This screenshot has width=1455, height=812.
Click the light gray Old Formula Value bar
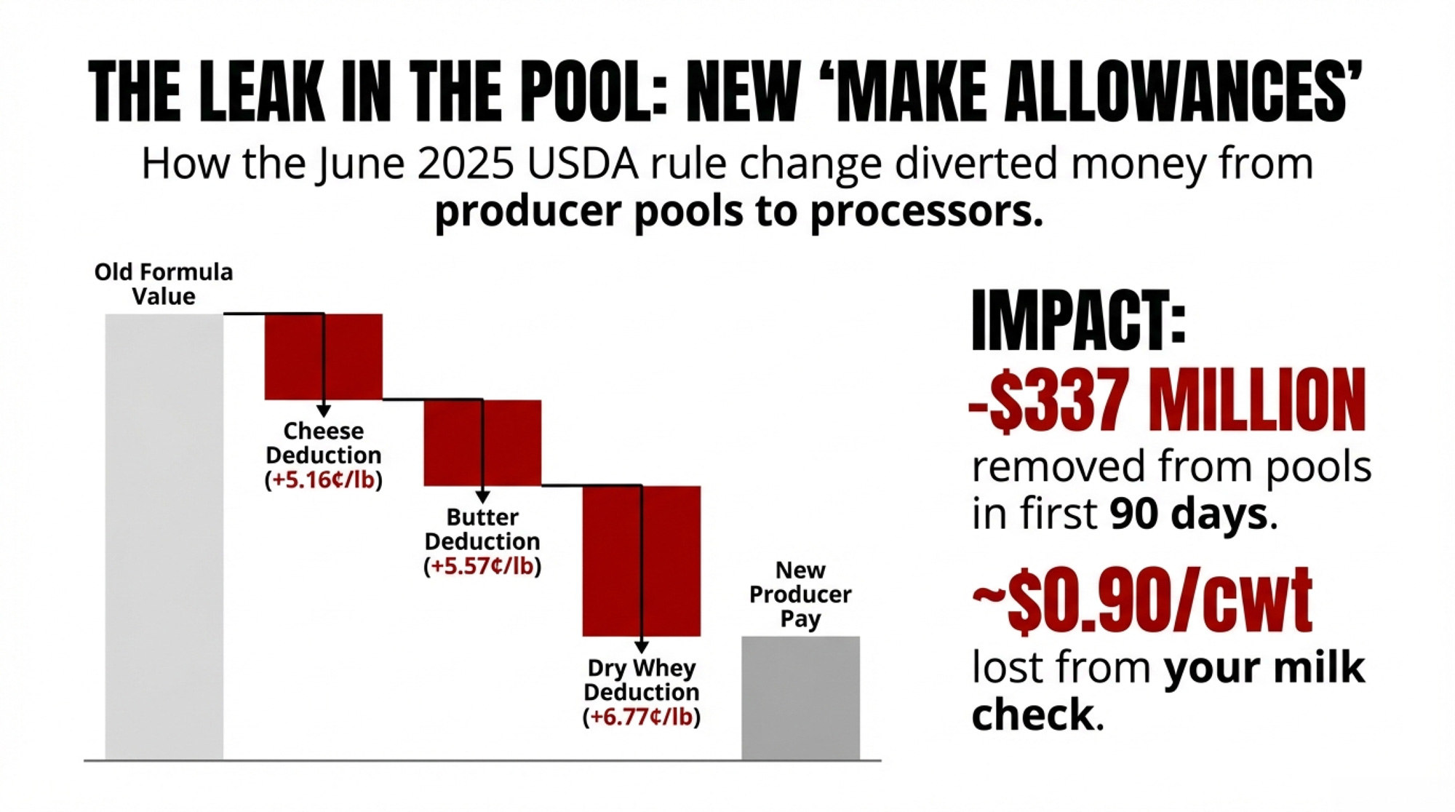(164, 537)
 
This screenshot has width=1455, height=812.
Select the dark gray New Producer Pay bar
(800, 698)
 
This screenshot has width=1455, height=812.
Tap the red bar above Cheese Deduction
(323, 357)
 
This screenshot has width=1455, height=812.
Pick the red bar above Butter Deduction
(482, 442)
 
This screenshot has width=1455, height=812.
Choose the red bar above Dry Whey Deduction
(641, 561)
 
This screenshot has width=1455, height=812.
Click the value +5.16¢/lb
(323, 480)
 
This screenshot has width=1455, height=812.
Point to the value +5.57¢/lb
(482, 566)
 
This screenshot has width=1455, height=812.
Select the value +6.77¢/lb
(641, 717)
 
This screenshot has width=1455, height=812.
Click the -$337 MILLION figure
(1167, 400)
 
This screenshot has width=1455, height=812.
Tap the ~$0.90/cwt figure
(1142, 601)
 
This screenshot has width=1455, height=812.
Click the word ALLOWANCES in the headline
(1171, 92)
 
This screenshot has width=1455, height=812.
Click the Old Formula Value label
(164, 284)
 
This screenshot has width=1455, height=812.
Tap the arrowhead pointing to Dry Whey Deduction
(641, 647)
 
